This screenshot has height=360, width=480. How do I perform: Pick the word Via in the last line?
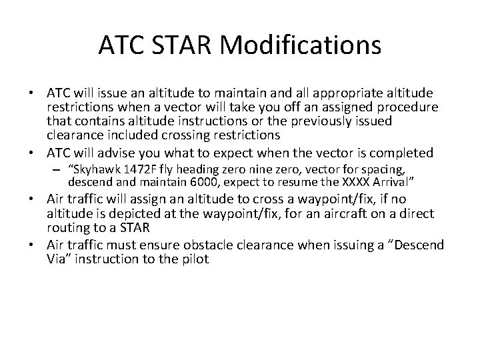[x=57, y=259]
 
